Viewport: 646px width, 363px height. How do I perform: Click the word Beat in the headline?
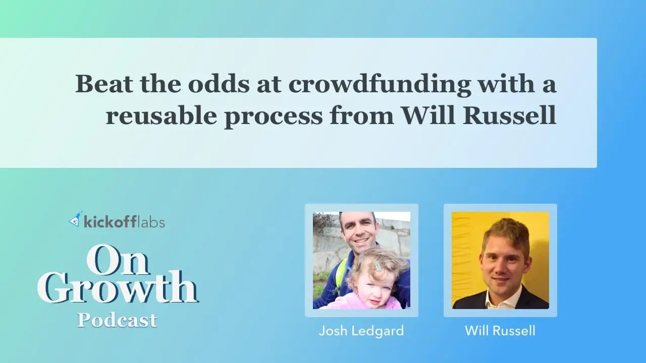[104, 84]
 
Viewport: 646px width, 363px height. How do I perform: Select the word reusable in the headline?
[161, 115]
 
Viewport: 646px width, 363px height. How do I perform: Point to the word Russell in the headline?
[509, 115]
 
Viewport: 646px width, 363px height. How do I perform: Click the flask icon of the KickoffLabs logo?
[75, 219]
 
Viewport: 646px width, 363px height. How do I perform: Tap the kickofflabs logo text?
[124, 221]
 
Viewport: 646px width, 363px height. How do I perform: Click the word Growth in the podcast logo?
[118, 287]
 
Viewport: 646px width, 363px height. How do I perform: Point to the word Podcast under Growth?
[117, 320]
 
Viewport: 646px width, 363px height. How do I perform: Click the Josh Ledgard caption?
[361, 331]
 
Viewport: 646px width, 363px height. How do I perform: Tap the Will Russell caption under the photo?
[500, 330]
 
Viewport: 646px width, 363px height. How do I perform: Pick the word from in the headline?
[362, 115]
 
